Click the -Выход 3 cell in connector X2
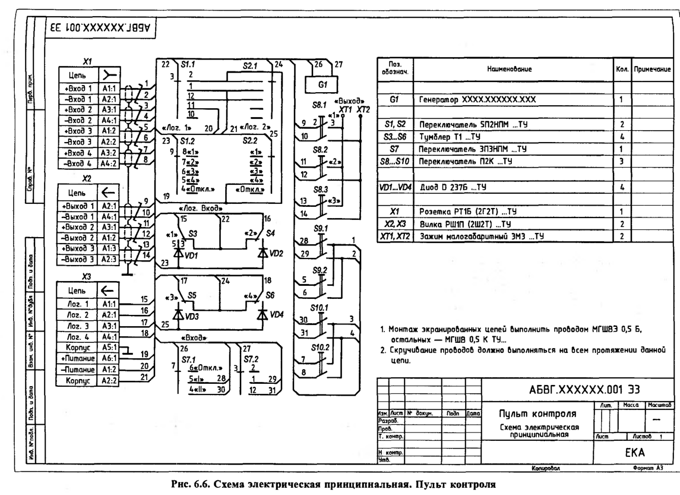(x=77, y=258)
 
